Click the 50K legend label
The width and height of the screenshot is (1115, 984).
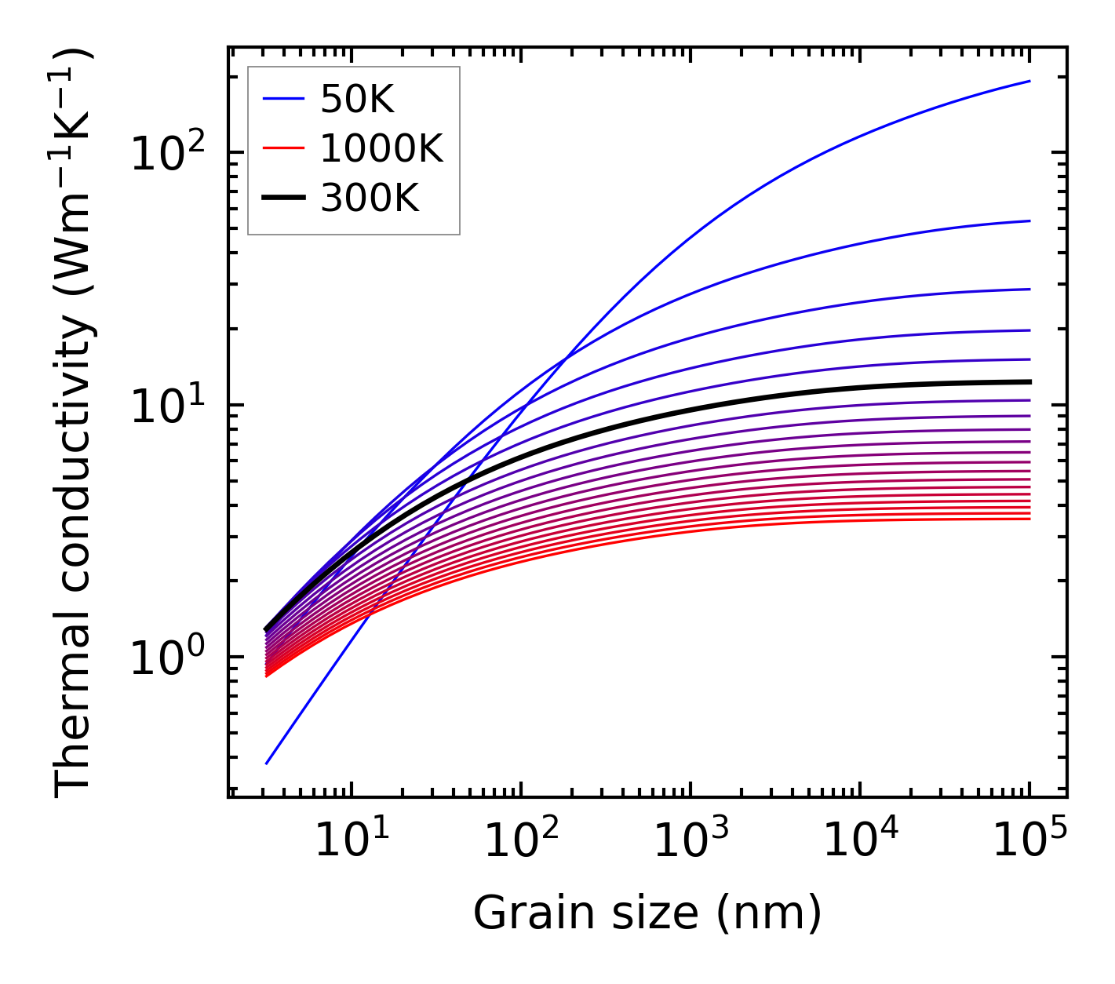click(357, 100)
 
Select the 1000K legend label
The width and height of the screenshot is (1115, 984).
click(381, 149)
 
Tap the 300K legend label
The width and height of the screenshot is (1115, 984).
click(370, 199)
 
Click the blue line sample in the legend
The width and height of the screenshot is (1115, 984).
click(283, 99)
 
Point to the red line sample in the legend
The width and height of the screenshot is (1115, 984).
click(283, 148)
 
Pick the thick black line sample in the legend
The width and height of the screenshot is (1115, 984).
click(283, 198)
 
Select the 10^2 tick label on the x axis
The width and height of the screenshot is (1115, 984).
click(520, 841)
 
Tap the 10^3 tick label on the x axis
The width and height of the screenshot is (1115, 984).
click(690, 841)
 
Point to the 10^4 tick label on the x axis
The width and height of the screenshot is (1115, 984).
click(860, 841)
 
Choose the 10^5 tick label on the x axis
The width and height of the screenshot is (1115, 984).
click(1029, 841)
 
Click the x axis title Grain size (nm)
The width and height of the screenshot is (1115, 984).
click(647, 913)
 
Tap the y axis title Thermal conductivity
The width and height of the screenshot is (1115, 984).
click(75, 422)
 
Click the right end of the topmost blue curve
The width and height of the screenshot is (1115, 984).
click(1029, 81)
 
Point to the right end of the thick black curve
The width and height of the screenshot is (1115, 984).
click(1029, 382)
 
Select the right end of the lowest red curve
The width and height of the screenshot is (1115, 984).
click(1029, 519)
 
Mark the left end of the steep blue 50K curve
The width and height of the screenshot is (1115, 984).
click(267, 764)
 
